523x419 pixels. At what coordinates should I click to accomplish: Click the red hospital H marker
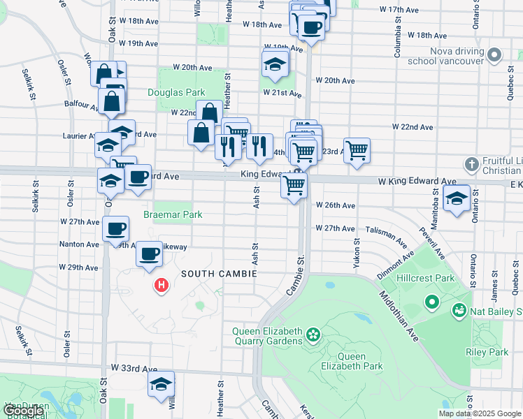click(x=162, y=286)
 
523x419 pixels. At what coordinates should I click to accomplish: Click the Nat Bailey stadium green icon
click(x=460, y=309)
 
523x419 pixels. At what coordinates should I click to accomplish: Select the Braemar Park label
click(x=173, y=214)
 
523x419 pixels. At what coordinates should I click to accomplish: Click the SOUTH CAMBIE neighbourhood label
click(x=218, y=274)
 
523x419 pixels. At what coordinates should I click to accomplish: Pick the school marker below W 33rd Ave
click(x=161, y=384)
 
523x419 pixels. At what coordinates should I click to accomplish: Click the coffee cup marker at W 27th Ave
click(x=115, y=228)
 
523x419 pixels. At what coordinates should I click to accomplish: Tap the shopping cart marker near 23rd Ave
click(x=357, y=150)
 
